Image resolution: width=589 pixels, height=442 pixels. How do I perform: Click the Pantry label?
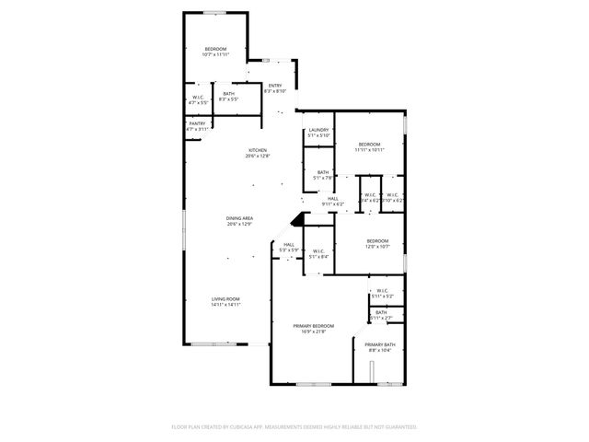point(197,126)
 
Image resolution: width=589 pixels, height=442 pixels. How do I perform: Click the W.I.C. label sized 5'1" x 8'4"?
point(318,253)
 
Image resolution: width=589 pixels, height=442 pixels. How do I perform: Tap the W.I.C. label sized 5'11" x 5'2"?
point(383,294)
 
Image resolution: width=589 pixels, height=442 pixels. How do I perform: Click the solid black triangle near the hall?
point(296,220)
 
